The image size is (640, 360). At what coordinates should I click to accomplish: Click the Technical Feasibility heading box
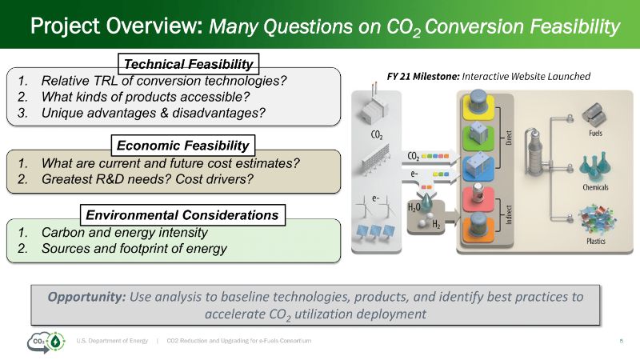pos(188,64)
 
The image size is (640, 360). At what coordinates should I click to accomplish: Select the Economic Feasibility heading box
pos(183,146)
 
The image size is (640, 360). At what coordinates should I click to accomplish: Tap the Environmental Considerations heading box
pos(182,214)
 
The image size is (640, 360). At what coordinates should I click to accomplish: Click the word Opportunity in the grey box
pos(86,297)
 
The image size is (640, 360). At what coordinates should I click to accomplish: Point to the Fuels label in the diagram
pos(595,133)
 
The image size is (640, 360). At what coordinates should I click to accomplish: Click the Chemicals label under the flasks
pos(595,187)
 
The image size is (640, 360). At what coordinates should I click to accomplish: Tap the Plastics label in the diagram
pos(596,241)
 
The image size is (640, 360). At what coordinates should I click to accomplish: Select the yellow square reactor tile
pos(478,107)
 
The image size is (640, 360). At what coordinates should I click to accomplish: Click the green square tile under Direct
pos(478,138)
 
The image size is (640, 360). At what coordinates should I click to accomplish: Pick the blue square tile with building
pos(478,168)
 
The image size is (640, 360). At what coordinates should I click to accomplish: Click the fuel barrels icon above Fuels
pos(594,114)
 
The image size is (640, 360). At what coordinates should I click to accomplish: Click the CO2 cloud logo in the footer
pos(46,342)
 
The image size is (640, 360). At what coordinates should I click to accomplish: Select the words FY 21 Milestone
pos(423,76)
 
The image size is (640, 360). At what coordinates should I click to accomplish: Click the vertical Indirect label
pos(508,214)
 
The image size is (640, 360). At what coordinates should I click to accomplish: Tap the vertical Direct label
pos(508,138)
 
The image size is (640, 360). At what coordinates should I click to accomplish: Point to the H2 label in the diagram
pos(436,224)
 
